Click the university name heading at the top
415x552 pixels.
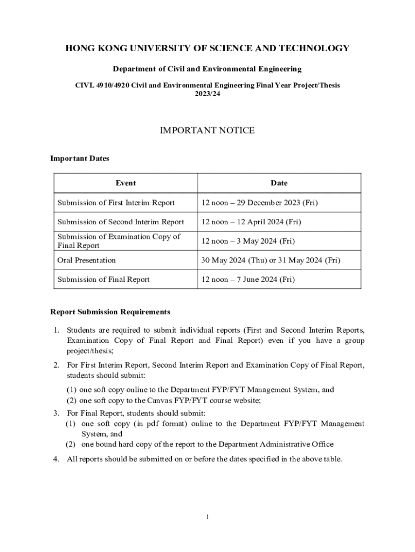(x=207, y=49)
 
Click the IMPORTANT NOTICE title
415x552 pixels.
(x=207, y=130)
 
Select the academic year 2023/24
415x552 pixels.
(x=207, y=93)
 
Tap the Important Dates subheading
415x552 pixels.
(x=79, y=158)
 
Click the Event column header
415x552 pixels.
(x=126, y=183)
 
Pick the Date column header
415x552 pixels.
(x=279, y=183)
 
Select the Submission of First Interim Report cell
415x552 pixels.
(x=116, y=203)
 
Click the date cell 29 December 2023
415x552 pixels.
(x=260, y=203)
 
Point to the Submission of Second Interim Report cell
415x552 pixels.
(x=121, y=222)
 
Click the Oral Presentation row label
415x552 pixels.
(x=86, y=260)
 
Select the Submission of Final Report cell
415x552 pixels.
(x=103, y=279)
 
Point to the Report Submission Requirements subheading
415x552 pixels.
(x=110, y=312)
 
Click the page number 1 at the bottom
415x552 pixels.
(x=207, y=517)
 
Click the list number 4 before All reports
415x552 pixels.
(x=56, y=459)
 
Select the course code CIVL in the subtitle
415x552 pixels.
(x=84, y=85)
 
